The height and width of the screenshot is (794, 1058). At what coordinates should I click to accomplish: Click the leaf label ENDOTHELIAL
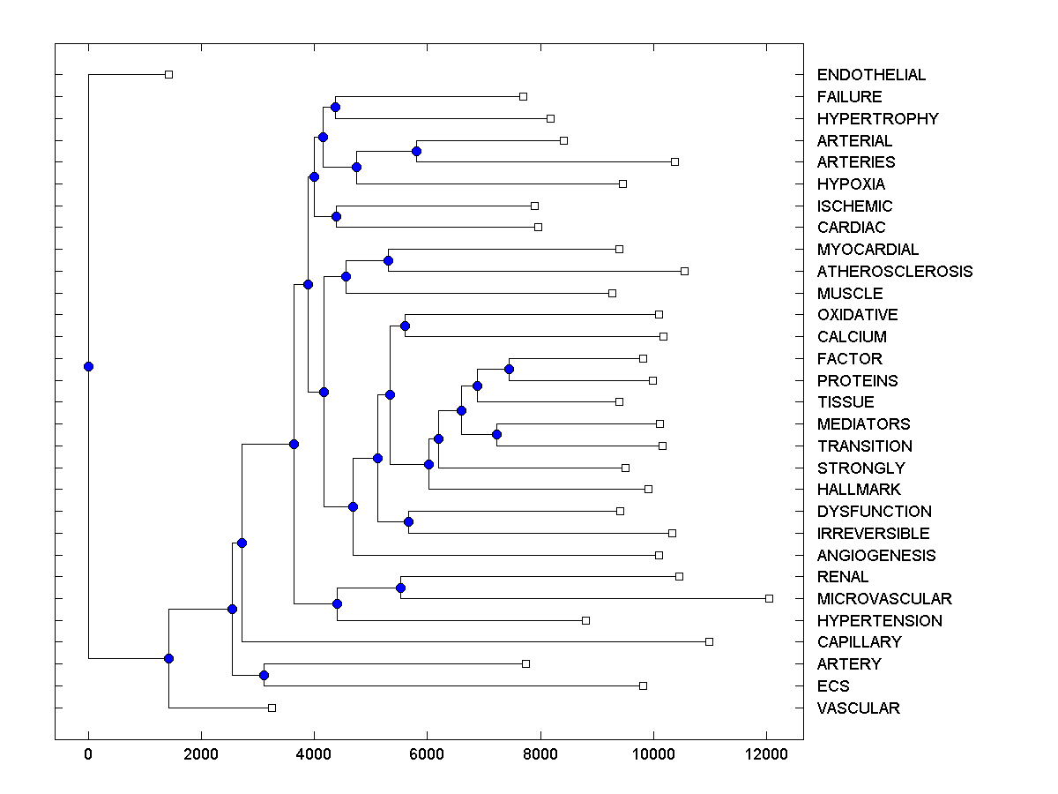tap(871, 75)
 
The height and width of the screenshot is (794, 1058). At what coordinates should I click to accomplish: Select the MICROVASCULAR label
tap(884, 599)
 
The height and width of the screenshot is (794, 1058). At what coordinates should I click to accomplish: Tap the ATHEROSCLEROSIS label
tap(895, 272)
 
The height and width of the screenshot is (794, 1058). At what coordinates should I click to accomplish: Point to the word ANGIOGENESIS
tap(876, 556)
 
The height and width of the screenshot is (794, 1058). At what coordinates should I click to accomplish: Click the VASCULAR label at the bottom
tap(858, 708)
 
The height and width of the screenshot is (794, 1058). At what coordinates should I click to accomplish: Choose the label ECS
tap(833, 686)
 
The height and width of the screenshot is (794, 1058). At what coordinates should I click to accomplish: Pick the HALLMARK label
tap(859, 490)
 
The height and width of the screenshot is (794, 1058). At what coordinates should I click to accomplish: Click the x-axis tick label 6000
tap(427, 753)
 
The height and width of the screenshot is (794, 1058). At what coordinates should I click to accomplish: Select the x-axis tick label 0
tap(88, 753)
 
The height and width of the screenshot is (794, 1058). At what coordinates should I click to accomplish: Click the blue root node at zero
tap(88, 367)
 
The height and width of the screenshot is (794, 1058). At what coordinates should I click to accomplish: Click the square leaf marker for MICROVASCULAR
tap(769, 598)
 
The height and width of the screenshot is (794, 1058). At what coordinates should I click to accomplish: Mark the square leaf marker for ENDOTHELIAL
tap(169, 74)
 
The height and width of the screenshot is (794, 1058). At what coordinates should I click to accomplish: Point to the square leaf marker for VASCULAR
tap(272, 708)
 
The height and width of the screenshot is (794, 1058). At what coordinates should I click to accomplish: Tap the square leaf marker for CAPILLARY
tap(709, 641)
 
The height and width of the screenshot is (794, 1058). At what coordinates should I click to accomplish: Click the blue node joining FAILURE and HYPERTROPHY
tap(335, 108)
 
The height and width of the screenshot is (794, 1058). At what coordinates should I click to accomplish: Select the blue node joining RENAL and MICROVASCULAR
tap(400, 588)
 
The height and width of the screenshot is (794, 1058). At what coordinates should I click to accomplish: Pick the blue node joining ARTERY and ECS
tap(264, 675)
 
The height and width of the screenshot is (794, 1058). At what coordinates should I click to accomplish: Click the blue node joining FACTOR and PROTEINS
tap(509, 369)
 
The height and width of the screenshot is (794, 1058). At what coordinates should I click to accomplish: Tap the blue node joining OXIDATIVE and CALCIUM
tap(405, 326)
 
